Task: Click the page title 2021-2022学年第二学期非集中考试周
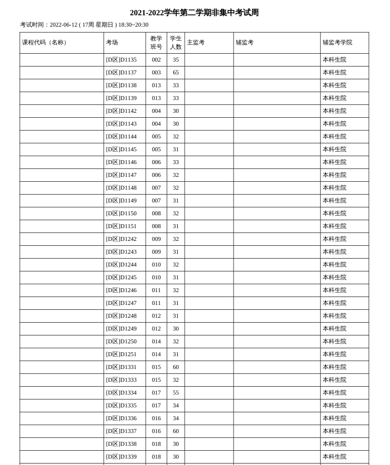pyautogui.click(x=194, y=13)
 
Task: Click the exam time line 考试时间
pyautogui.click(x=84, y=25)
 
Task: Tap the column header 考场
pyautogui.click(x=112, y=43)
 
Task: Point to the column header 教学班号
pyautogui.click(x=156, y=43)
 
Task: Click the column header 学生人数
pyautogui.click(x=176, y=43)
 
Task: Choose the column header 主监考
pyautogui.click(x=195, y=43)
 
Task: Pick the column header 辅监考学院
pyautogui.click(x=337, y=43)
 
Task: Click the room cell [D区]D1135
pyautogui.click(x=121, y=60)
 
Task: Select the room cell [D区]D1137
pyautogui.click(x=121, y=72)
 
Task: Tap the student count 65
pyautogui.click(x=176, y=72)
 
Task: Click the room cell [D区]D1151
pyautogui.click(x=121, y=226)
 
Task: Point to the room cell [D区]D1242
pyautogui.click(x=121, y=239)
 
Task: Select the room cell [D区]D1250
pyautogui.click(x=121, y=341)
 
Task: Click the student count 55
pyautogui.click(x=176, y=393)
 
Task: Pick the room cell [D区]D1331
pyautogui.click(x=121, y=367)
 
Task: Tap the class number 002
pyautogui.click(x=156, y=60)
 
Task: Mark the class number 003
pyautogui.click(x=156, y=72)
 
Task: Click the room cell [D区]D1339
pyautogui.click(x=121, y=457)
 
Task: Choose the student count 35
pyautogui.click(x=176, y=60)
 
